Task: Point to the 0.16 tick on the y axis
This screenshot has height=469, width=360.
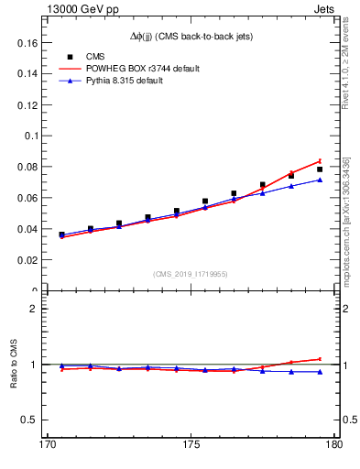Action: coord(27,42)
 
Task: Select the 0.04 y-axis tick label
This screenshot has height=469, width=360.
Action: coord(27,229)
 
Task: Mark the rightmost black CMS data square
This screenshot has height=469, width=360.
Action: coord(320,169)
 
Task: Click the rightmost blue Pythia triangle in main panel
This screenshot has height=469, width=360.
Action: coord(320,180)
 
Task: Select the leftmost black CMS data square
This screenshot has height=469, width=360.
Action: coord(61,234)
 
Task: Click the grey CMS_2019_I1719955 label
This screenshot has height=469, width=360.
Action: coord(190,274)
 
